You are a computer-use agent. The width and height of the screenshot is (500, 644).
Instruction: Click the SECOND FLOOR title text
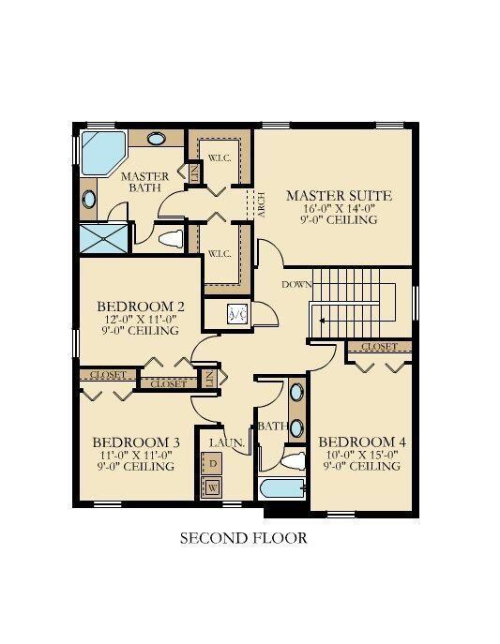(243, 539)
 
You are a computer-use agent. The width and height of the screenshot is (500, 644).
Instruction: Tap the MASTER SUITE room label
(339, 196)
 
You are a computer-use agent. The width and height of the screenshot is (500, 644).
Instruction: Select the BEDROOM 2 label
(140, 307)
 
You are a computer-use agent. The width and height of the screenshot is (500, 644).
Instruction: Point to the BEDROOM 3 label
(136, 442)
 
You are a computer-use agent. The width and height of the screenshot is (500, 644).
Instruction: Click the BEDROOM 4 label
(362, 442)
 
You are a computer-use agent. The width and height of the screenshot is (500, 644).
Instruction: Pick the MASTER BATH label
(145, 182)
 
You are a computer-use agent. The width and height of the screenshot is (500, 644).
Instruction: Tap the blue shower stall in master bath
(98, 239)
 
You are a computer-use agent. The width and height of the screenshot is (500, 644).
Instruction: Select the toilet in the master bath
(170, 239)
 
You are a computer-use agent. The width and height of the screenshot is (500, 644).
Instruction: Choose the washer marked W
(213, 487)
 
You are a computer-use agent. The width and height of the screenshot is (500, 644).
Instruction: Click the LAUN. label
(227, 442)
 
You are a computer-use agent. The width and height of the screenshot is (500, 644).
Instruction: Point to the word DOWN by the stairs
(296, 283)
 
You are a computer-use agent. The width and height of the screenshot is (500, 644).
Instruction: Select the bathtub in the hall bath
(281, 489)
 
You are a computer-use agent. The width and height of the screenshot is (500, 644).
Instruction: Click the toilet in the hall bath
(294, 460)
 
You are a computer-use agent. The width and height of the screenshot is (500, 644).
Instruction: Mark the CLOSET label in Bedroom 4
(379, 347)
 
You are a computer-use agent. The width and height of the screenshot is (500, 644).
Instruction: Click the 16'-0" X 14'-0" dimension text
(338, 209)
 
